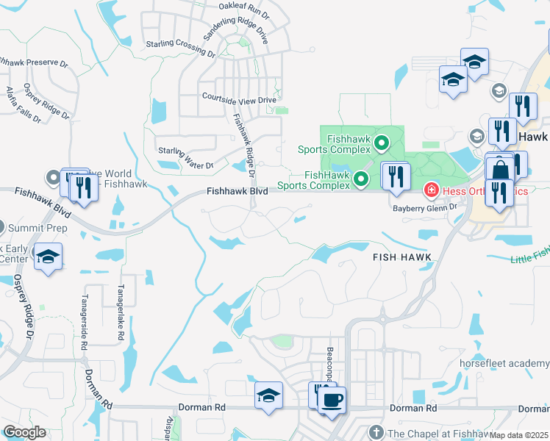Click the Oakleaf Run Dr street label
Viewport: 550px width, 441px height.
pyautogui.click(x=244, y=10)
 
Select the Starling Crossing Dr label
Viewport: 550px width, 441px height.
pyautogui.click(x=180, y=49)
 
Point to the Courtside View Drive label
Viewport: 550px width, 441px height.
pyautogui.click(x=239, y=98)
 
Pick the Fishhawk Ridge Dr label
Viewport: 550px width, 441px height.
pyautogui.click(x=243, y=146)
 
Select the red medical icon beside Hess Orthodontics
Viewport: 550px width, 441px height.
pyautogui.click(x=431, y=192)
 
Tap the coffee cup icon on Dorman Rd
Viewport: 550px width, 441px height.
pyautogui.click(x=332, y=399)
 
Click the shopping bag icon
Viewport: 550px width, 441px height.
pyautogui.click(x=500, y=170)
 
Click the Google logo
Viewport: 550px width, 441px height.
pyautogui.click(x=24, y=432)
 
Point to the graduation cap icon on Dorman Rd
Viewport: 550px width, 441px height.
pyautogui.click(x=268, y=395)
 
